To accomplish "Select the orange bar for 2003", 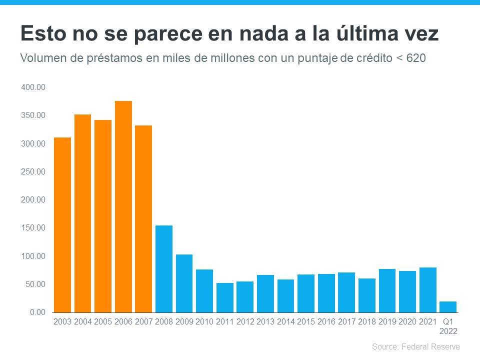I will tap(62, 225).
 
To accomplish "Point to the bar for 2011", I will tap(224, 297).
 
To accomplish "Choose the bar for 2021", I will tap(427, 290).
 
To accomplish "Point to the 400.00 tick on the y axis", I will tap(33, 87).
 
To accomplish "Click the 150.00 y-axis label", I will tap(33, 228).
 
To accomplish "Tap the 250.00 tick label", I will tap(33, 172).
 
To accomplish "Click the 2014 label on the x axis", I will tap(285, 321).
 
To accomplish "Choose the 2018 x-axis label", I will tap(367, 321).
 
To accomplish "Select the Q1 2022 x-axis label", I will tap(448, 326).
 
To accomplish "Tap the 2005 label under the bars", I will tap(103, 321).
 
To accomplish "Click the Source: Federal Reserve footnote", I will tap(415, 346).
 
